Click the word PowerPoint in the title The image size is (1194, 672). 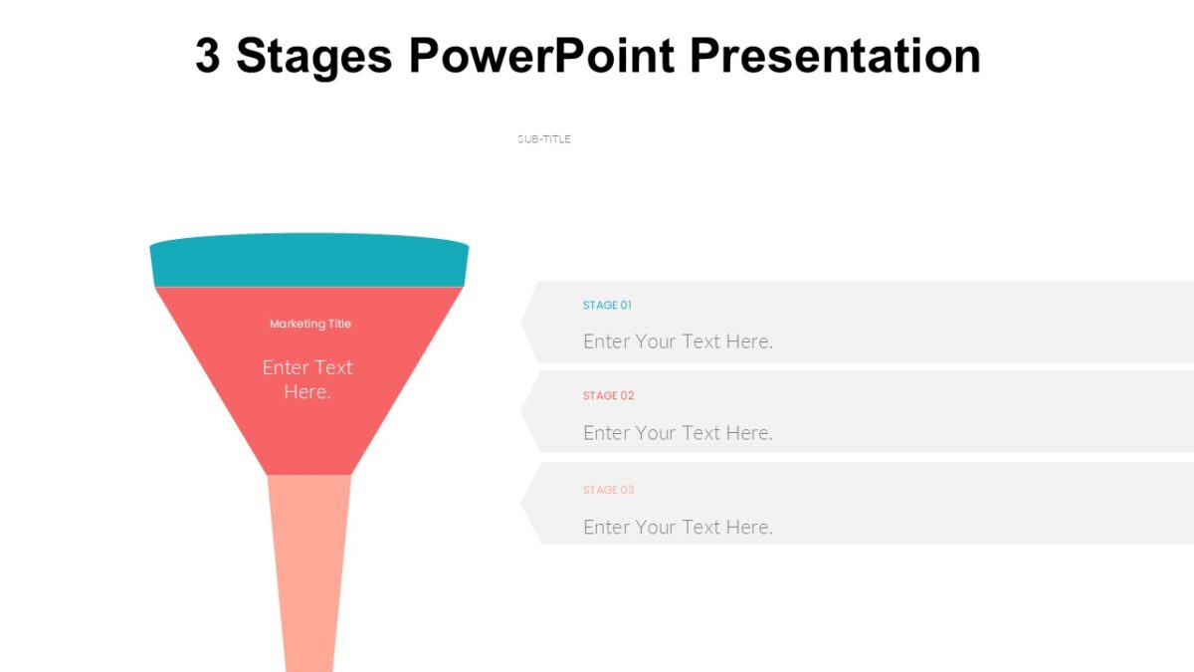[x=542, y=56]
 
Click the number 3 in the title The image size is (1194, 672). [x=207, y=56]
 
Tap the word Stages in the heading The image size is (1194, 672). [x=314, y=58]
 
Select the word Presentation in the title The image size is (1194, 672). [x=835, y=56]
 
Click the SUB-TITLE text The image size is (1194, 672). [x=544, y=139]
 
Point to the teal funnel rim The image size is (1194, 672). [x=308, y=262]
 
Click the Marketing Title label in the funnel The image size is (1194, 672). [x=309, y=324]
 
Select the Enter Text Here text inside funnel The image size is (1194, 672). [x=307, y=379]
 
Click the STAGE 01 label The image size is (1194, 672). [x=607, y=306]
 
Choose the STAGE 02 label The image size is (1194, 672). [x=608, y=396]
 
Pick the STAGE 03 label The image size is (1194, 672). [x=608, y=490]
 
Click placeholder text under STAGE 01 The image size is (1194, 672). [x=678, y=341]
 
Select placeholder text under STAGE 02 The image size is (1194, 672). [x=678, y=433]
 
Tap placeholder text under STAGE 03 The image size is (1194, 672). [x=678, y=527]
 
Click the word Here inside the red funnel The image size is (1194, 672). [x=306, y=392]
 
